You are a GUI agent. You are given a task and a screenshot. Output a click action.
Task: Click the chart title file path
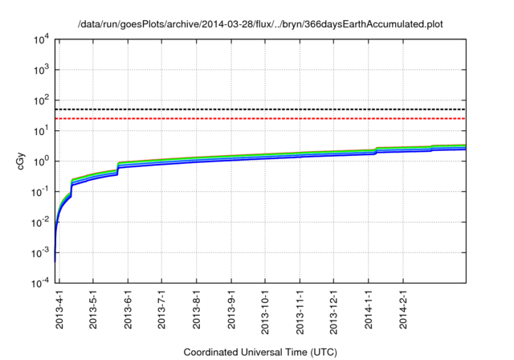[x=260, y=24]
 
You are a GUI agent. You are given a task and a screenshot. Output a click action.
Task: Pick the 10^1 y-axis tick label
[x=40, y=130]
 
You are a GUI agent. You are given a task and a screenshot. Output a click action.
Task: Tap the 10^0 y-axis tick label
[x=40, y=161]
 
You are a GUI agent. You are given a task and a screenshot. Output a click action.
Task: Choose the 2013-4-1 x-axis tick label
[x=59, y=310]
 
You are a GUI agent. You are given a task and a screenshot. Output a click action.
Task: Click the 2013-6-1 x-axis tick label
[x=128, y=310]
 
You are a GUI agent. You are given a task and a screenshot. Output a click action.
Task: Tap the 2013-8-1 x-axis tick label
[x=197, y=310]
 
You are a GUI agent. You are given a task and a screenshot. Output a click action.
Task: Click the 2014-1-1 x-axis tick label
[x=369, y=310]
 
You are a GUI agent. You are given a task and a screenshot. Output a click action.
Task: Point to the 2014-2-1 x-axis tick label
[x=403, y=310]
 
